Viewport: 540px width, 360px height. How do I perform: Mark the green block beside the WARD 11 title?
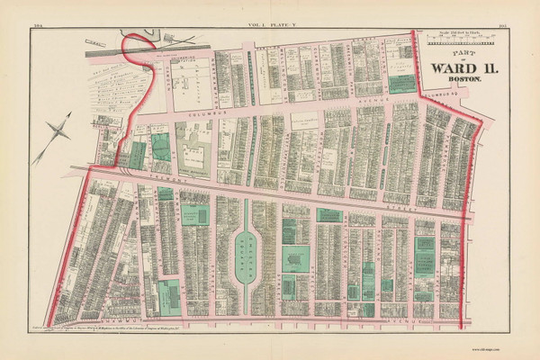tap(402, 84)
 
